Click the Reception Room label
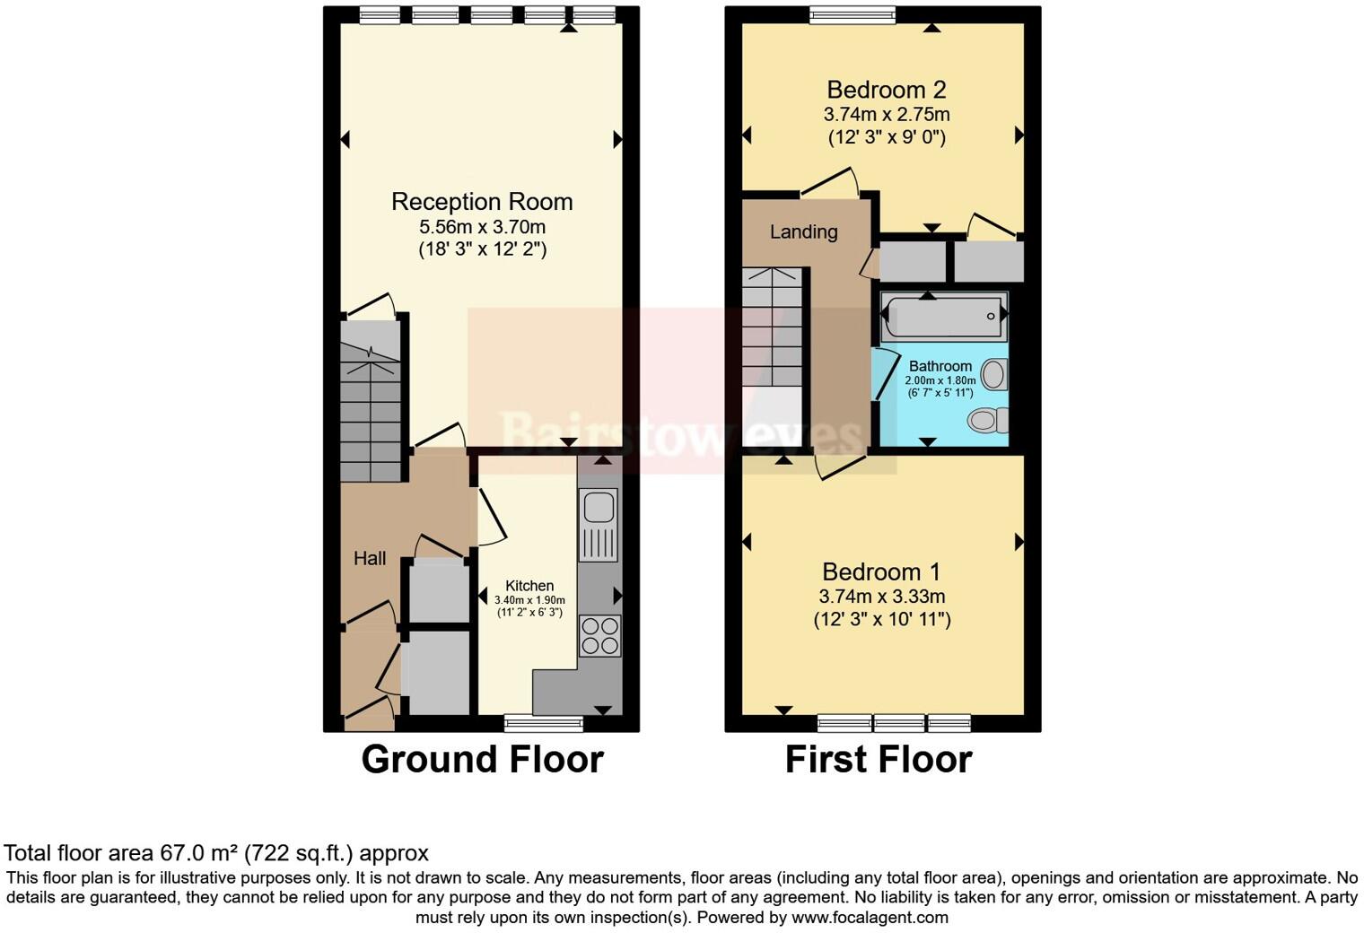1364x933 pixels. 482,202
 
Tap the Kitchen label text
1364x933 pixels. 529,586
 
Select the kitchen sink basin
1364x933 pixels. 599,507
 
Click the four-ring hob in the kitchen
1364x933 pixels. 599,636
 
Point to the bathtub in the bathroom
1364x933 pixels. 943,316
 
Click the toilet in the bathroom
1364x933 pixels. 988,420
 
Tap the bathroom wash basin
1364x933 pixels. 994,374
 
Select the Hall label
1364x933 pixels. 370,558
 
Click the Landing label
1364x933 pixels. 804,231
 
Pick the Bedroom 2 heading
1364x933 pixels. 886,90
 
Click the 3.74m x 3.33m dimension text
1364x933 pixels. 882,596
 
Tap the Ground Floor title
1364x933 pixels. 482,760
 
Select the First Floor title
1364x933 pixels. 879,760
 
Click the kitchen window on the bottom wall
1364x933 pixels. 543,723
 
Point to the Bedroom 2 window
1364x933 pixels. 852,14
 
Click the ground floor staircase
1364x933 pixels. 371,401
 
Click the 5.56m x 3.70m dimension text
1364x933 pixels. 482,227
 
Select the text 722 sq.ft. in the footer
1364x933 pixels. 298,853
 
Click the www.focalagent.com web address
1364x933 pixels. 870,917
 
